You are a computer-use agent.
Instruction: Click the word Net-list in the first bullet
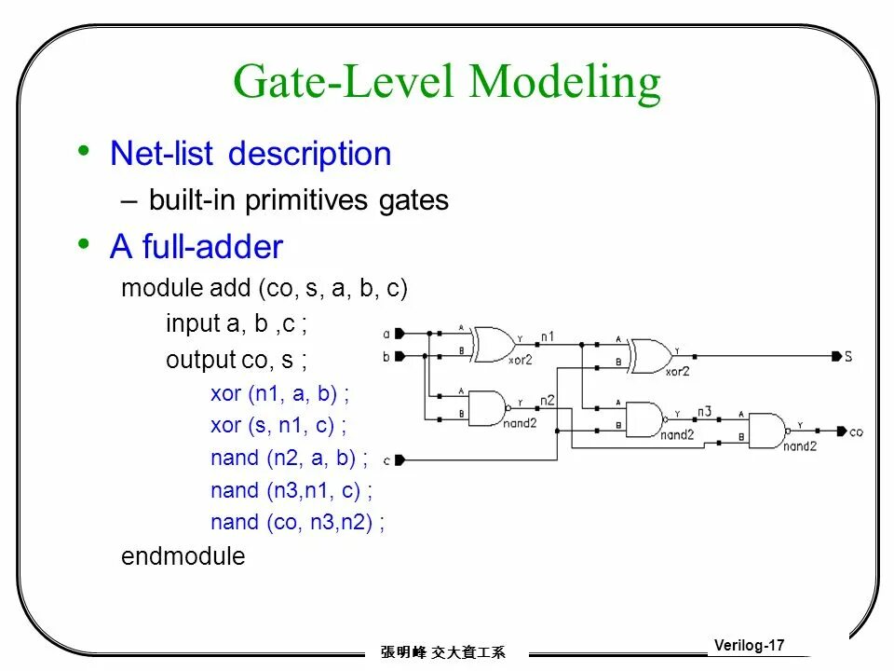click(x=161, y=154)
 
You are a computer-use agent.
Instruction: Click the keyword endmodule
click(x=183, y=556)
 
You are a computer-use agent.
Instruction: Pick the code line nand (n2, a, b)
click(x=289, y=458)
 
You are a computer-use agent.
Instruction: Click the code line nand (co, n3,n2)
click(x=297, y=522)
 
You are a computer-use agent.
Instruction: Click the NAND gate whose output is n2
click(x=487, y=407)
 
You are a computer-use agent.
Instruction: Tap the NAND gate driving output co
click(x=768, y=431)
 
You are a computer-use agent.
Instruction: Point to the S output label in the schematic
click(x=848, y=356)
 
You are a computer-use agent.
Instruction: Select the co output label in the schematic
click(x=857, y=431)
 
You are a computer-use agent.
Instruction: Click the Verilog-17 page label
click(x=750, y=645)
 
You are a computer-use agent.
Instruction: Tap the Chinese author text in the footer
click(x=442, y=653)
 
